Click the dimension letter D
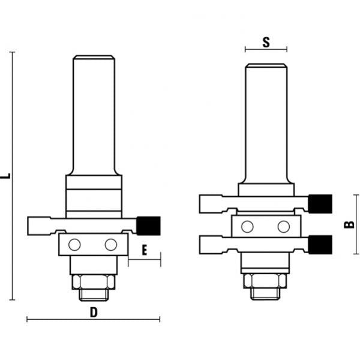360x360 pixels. (93, 311)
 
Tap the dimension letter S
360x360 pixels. (266, 42)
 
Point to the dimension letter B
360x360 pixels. (348, 225)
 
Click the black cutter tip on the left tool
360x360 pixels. (147, 225)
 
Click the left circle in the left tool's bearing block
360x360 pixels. (74, 245)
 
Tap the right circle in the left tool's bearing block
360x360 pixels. (110, 245)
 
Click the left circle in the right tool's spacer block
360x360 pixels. (247, 226)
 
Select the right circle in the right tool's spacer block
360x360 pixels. (283, 226)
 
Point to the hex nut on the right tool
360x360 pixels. (265, 281)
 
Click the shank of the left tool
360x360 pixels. (93, 114)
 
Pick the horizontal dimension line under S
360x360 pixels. (266, 50)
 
